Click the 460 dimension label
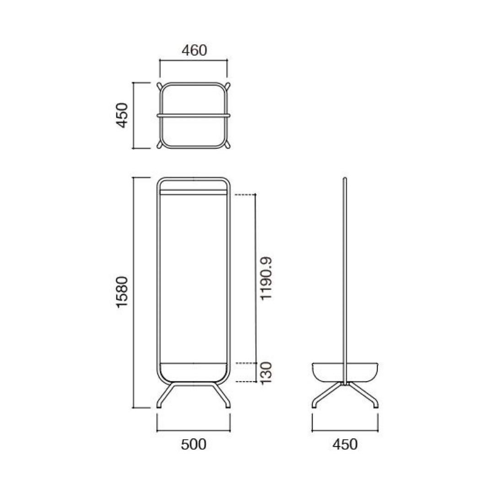[194, 50]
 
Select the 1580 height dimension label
[122, 292]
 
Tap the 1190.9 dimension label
[266, 279]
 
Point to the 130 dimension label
[266, 372]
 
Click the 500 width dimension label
[194, 444]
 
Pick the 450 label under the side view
[345, 444]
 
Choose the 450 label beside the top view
[123, 115]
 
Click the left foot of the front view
[164, 396]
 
